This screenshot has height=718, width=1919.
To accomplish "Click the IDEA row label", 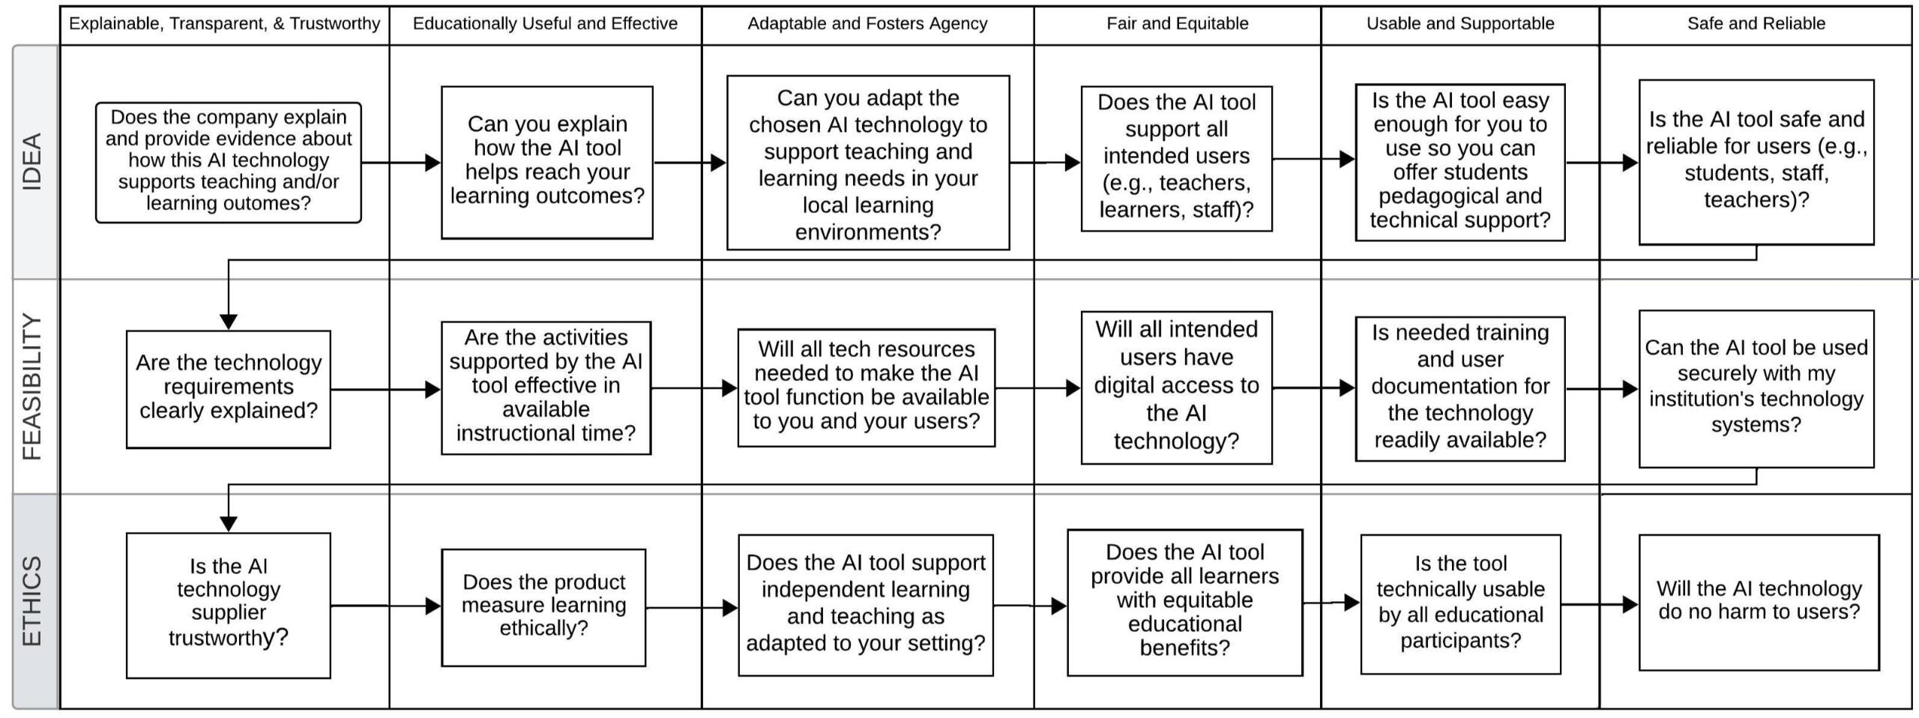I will (31, 162).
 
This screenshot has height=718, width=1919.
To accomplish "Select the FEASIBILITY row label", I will (31, 387).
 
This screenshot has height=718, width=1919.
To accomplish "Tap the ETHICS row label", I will (31, 601).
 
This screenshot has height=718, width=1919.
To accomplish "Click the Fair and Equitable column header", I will (1177, 24).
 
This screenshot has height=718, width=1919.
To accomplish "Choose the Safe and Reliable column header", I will (1756, 24).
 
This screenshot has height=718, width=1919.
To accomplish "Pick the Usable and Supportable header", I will (1459, 24).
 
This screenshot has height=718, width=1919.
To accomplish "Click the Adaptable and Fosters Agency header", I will (867, 24).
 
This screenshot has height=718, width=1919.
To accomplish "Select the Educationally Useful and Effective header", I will (545, 24).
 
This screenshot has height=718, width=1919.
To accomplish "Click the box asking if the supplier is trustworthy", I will (229, 605).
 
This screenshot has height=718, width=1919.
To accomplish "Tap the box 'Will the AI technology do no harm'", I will (1759, 601).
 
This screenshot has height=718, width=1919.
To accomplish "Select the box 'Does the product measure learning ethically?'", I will (543, 606).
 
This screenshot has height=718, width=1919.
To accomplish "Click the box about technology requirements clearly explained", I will (229, 388).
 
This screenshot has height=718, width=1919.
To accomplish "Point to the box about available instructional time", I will (546, 387).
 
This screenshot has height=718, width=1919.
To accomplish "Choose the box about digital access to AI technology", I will (1176, 387).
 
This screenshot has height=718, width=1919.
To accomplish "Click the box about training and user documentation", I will (1459, 387).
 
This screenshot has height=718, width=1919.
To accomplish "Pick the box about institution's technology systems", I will (1756, 388).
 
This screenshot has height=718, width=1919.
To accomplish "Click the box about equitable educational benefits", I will (1184, 602).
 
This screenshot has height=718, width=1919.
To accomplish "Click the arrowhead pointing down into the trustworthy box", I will (229, 524).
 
